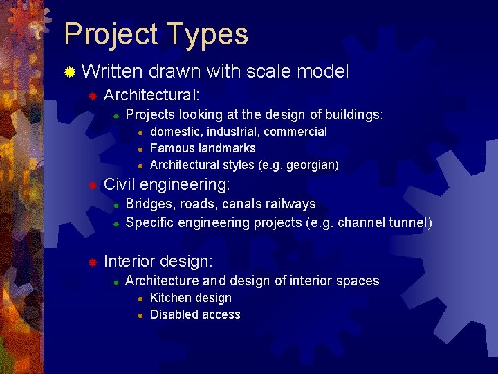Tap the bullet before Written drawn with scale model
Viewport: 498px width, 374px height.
(x=69, y=72)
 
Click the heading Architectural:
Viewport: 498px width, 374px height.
(x=151, y=94)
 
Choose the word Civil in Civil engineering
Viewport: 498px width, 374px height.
(x=119, y=185)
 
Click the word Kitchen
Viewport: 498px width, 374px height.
(x=169, y=298)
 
